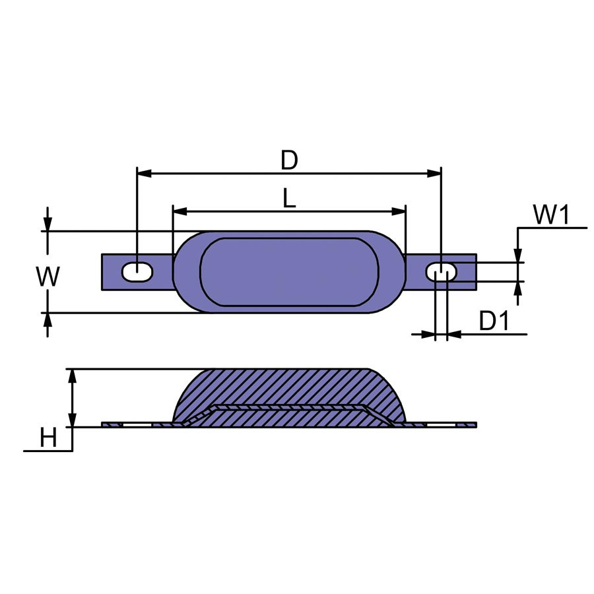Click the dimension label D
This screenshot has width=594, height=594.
tap(289, 160)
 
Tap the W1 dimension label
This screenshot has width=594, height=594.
tap(551, 214)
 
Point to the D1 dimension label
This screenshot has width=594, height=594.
tap(494, 321)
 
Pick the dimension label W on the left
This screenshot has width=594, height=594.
tap(48, 277)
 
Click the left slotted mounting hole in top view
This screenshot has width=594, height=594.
tap(137, 272)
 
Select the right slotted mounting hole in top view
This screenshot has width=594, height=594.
tap(442, 272)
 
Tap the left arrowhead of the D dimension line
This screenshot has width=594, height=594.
tap(144, 174)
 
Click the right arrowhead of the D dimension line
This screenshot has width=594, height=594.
tap(434, 174)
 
